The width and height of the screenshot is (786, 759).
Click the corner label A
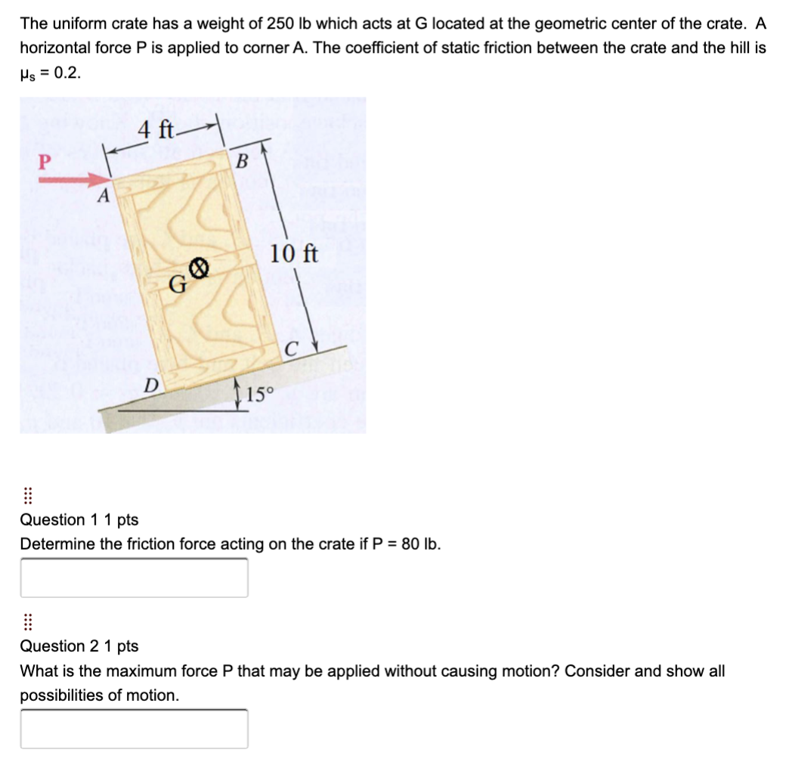tap(106, 197)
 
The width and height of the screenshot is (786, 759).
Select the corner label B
tap(242, 161)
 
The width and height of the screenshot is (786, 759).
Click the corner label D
tap(151, 385)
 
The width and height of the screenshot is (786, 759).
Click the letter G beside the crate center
tap(178, 284)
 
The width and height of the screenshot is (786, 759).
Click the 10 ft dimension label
tap(295, 253)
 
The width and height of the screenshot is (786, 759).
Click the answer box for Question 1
tap(134, 578)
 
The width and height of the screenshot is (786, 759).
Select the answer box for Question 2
tap(134, 729)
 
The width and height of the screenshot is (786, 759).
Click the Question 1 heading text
tap(79, 519)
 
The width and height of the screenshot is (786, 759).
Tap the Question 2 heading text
tap(79, 646)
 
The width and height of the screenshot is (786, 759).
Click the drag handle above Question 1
tap(27, 496)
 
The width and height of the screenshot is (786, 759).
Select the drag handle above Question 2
tap(27, 622)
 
